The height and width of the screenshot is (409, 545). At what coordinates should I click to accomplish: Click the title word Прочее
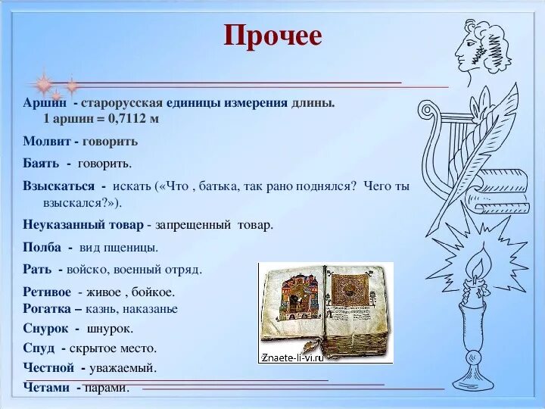coord(272,36)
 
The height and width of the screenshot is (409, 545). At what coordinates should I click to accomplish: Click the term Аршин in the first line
coord(45,103)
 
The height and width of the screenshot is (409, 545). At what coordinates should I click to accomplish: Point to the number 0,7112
coord(127,119)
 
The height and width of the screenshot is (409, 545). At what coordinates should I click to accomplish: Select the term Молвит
coord(47,141)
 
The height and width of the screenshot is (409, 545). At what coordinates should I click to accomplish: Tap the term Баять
coord(41,163)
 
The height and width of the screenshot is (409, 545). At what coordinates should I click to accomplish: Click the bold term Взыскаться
coord(58,186)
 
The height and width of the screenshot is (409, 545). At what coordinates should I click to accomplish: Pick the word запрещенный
coord(193,225)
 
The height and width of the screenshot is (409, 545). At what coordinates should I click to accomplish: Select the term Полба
coord(42,247)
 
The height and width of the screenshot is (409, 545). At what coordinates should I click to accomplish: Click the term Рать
coord(37,269)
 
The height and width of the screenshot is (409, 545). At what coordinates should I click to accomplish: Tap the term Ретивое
coord(47,292)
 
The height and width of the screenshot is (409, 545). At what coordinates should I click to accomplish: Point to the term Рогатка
coord(47,308)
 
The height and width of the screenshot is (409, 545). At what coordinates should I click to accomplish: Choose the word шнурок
coord(110,329)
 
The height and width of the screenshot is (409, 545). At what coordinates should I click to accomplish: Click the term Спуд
coord(39,348)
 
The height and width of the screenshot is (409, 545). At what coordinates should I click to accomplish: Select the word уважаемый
coord(123,368)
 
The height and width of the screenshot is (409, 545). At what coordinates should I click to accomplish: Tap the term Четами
coord(46,387)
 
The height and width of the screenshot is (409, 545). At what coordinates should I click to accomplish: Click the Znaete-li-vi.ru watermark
coord(293,357)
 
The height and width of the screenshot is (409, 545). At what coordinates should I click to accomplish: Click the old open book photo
coord(325,313)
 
